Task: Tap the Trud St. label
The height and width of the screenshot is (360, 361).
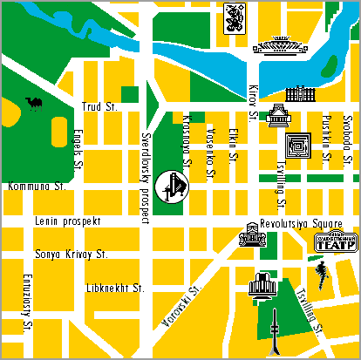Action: (x=99, y=106)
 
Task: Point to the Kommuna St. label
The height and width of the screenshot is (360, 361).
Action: (x=37, y=186)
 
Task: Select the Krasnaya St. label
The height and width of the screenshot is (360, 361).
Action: (x=187, y=136)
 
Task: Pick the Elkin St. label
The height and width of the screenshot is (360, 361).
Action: (x=233, y=146)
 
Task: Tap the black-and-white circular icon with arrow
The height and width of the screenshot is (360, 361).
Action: (x=173, y=186)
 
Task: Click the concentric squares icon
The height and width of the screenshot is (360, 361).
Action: (x=299, y=145)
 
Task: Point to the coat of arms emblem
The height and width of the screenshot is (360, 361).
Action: (x=235, y=17)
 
